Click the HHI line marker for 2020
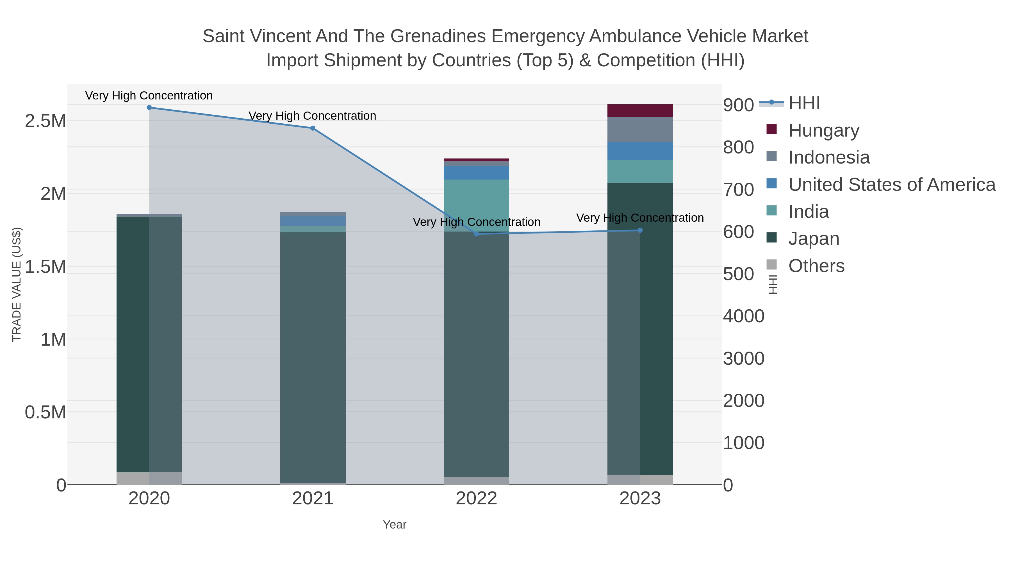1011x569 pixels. [x=149, y=108]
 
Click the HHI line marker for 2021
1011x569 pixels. [x=313, y=128]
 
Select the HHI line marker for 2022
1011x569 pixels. [x=477, y=234]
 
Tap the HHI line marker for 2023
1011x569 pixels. [x=640, y=230]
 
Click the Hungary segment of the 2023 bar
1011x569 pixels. [x=640, y=111]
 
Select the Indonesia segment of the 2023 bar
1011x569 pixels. [x=640, y=130]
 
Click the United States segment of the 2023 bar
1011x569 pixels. [x=640, y=151]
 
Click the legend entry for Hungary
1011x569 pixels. [x=824, y=130]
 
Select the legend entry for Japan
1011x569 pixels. [x=814, y=239]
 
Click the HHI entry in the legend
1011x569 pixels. [x=804, y=103]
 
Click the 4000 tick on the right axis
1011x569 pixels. [x=744, y=316]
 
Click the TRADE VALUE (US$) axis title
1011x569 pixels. [x=17, y=284]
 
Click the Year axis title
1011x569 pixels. [x=395, y=525]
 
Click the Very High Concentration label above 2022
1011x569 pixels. [x=477, y=222]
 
